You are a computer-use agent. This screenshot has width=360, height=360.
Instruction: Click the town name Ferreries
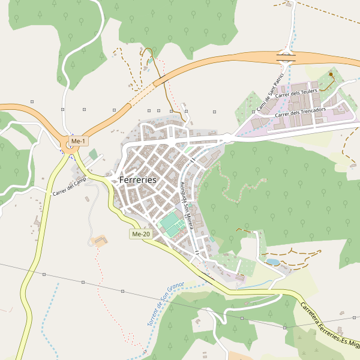click(137, 179)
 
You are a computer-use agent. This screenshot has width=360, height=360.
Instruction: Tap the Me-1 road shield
click(78, 141)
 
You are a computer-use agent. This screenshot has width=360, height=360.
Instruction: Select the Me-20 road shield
click(140, 234)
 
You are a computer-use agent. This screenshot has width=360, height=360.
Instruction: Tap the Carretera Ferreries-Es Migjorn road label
click(329, 324)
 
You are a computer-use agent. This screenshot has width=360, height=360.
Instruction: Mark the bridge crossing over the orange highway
click(286, 58)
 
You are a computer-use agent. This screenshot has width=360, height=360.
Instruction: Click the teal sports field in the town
click(172, 224)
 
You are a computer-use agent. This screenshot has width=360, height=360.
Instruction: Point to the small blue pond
click(272, 262)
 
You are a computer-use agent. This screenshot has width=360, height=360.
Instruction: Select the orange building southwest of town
click(100, 241)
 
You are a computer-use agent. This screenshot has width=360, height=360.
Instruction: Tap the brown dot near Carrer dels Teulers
click(331, 74)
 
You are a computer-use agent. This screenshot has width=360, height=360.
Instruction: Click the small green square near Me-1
click(93, 154)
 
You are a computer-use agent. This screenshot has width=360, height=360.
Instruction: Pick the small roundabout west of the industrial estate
click(228, 139)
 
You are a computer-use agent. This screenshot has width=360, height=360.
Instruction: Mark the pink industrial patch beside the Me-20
click(241, 278)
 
